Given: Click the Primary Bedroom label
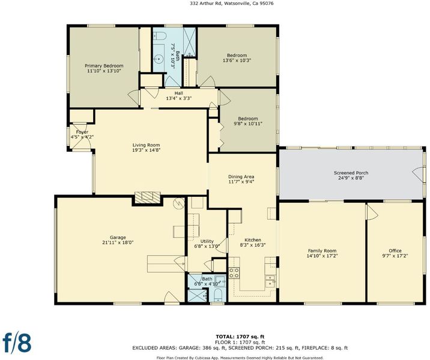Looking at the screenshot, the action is (x=104, y=66).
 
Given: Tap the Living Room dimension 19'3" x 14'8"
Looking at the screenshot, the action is (x=146, y=150).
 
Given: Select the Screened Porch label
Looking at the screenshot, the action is (x=351, y=173).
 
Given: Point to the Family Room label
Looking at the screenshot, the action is (x=322, y=251).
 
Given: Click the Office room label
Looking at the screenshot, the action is (x=395, y=251).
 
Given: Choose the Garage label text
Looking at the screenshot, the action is (x=118, y=238).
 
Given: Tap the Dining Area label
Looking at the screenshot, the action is (x=241, y=177).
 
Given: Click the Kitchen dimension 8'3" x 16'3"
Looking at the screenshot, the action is (x=253, y=245).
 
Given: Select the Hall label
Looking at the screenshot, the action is (x=178, y=93).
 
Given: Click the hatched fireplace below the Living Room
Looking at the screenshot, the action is (x=147, y=197).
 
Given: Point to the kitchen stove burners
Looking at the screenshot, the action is (x=234, y=273).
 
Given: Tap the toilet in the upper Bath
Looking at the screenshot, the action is (x=159, y=35).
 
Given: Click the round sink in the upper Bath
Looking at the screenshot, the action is (x=158, y=58).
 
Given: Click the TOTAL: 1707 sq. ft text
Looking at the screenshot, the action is (x=240, y=337).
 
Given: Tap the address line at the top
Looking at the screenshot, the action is (x=232, y=4).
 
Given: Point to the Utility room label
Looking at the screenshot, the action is (x=207, y=241).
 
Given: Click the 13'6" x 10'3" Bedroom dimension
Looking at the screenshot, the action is (x=237, y=60).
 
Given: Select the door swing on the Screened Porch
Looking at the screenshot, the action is (x=417, y=173).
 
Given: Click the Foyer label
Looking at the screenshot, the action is (x=82, y=132).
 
